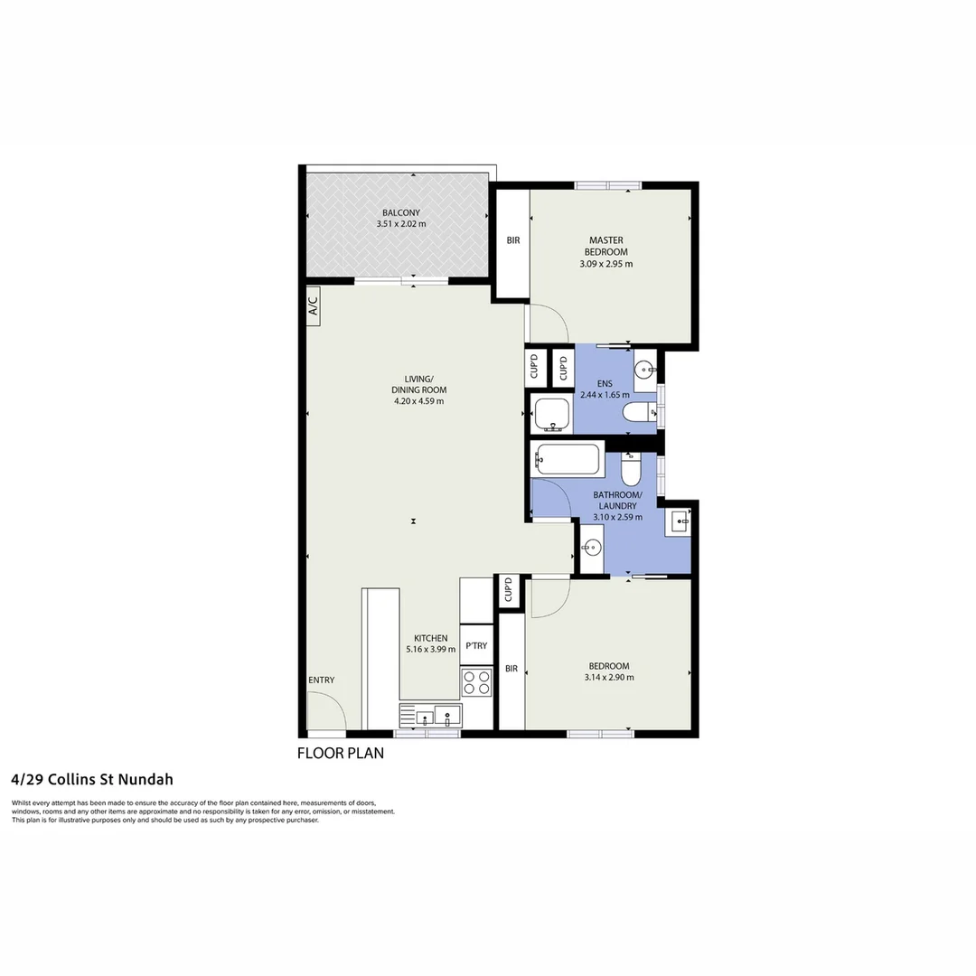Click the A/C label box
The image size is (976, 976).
click(314, 305)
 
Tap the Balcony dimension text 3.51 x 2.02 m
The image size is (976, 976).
click(402, 224)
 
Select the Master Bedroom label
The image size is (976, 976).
click(605, 246)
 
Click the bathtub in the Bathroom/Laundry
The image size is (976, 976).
click(568, 459)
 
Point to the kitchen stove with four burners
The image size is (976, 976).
click(476, 682)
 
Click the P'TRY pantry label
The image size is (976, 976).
click(476, 646)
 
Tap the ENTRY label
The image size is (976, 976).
click(321, 680)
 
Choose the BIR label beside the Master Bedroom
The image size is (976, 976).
click(512, 240)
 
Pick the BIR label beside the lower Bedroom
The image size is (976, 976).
click(511, 669)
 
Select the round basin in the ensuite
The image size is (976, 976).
click(644, 368)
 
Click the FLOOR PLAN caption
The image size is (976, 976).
click(341, 753)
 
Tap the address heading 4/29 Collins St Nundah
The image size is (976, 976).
click(92, 779)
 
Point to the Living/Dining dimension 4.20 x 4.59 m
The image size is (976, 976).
click(418, 401)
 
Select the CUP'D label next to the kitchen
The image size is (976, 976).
click(508, 590)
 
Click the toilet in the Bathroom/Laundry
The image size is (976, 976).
click(631, 470)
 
